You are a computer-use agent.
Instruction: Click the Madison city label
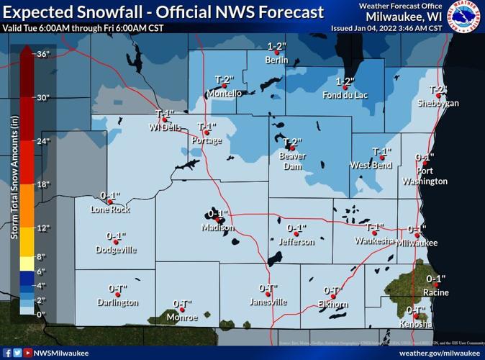[217, 228]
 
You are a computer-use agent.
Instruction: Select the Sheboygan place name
[435, 104]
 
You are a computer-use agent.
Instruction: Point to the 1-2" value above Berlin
[277, 47]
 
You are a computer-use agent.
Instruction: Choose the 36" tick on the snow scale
[42, 54]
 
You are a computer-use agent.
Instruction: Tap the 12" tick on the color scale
[42, 228]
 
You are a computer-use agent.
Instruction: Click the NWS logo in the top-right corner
[466, 17]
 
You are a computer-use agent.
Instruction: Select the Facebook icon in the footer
[6, 353]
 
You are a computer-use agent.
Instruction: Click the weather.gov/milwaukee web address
[440, 353]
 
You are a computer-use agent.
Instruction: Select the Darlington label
[117, 302]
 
